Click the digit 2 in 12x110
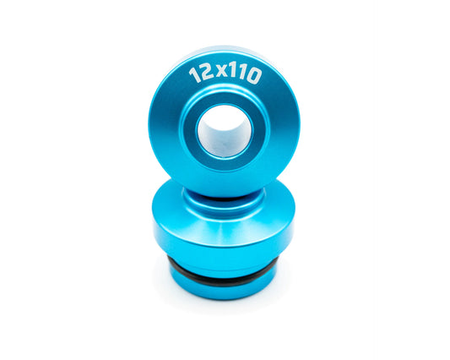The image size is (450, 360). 206,74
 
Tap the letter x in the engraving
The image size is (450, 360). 220,73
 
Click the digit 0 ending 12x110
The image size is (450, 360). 253,75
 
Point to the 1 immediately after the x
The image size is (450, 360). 232,73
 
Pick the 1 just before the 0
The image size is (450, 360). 241,74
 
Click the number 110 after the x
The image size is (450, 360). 245,74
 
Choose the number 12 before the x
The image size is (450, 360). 201,75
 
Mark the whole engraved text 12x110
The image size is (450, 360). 225,75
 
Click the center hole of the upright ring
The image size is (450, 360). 225,131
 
